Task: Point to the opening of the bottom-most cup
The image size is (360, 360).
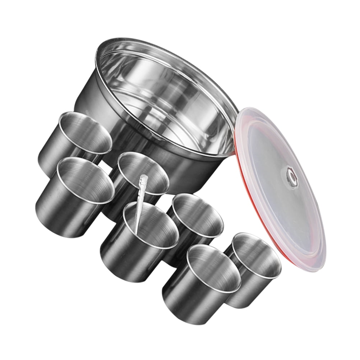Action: tap(214, 268)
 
